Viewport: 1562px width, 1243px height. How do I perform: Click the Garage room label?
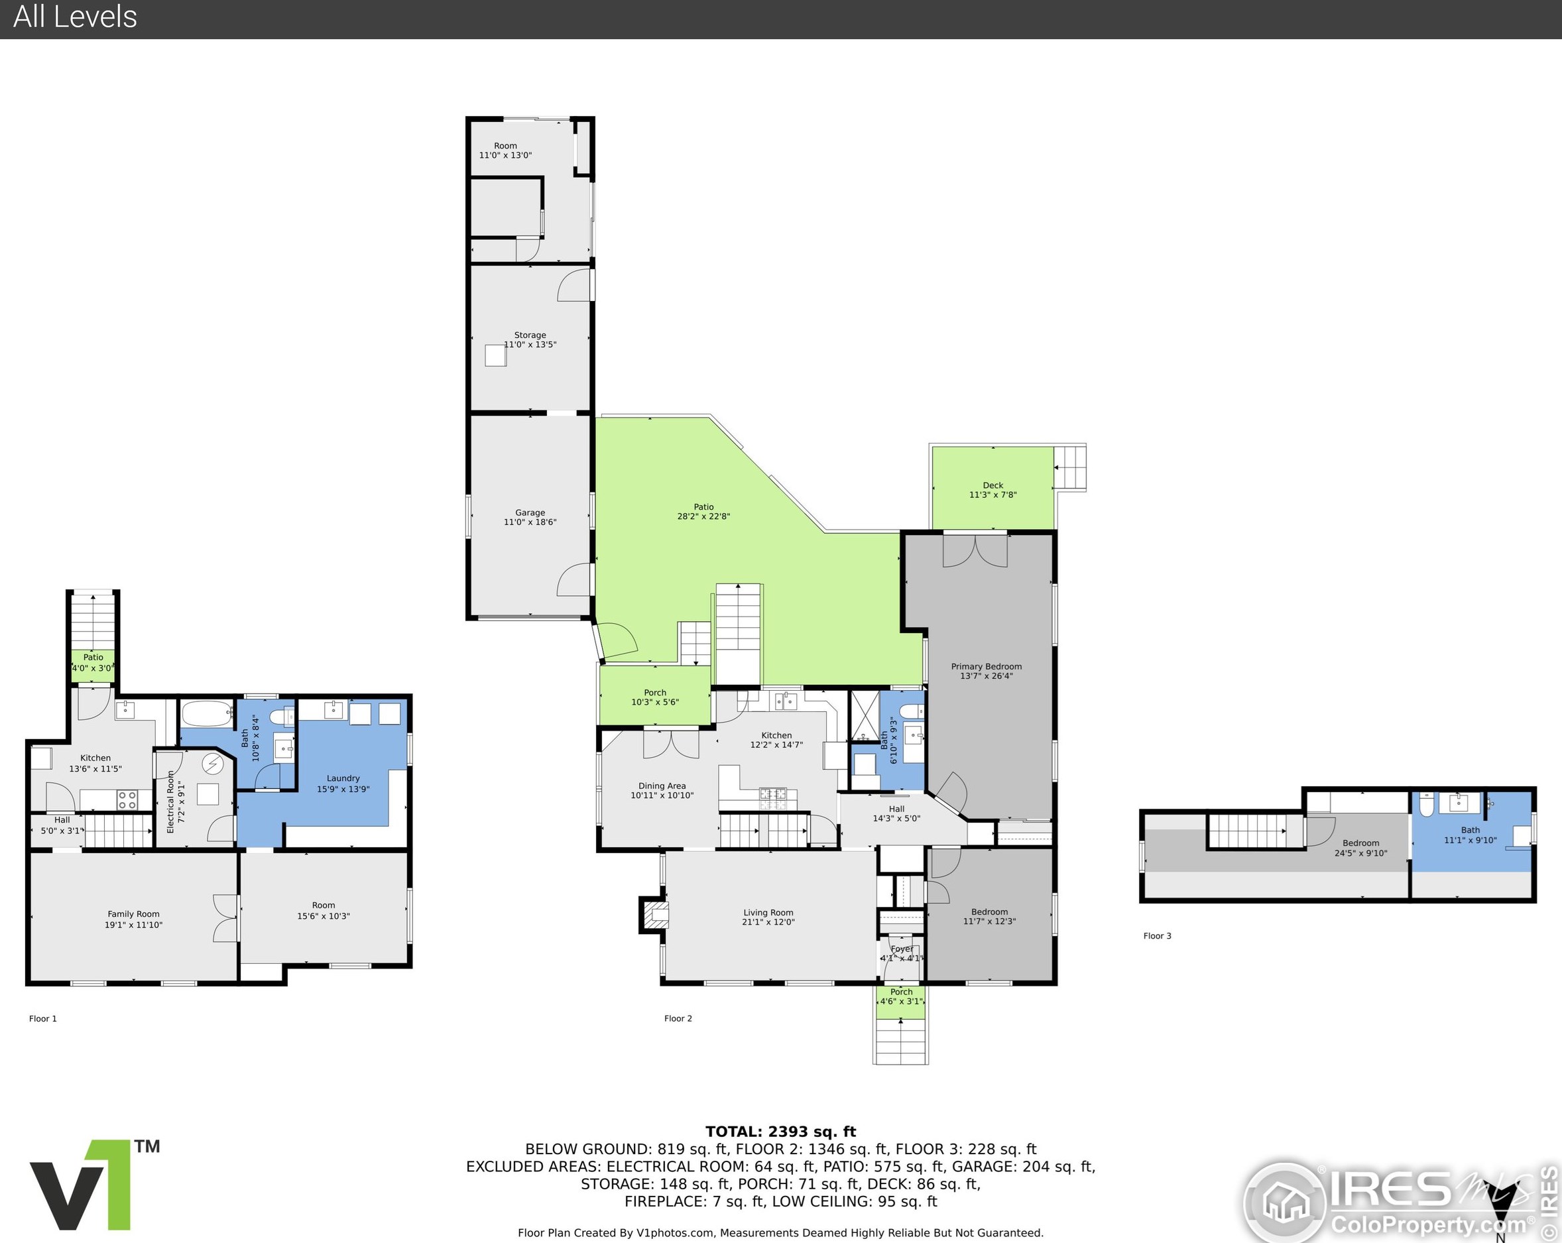point(530,512)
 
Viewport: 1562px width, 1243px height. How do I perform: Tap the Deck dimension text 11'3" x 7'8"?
point(992,495)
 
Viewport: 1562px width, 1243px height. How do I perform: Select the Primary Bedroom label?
point(986,666)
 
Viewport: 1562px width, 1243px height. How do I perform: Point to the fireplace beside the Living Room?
point(654,914)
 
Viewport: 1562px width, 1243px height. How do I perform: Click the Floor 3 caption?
point(1157,936)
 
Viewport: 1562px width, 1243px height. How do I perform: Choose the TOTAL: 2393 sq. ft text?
point(780,1132)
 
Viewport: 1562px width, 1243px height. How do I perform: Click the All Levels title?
point(76,17)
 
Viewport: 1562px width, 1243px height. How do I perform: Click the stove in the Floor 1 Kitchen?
point(127,799)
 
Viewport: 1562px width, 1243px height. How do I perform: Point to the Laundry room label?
point(343,778)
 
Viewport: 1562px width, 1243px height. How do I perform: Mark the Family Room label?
point(133,914)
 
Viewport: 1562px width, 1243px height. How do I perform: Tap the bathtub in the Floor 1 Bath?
point(208,714)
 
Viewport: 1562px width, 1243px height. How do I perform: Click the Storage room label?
point(530,335)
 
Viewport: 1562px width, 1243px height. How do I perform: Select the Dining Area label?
point(662,786)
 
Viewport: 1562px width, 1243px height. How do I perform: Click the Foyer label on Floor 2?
point(901,949)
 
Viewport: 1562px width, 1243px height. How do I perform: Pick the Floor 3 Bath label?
point(1470,830)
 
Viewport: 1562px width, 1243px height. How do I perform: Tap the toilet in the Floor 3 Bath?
point(1427,805)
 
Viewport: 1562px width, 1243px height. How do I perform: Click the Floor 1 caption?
point(42,1018)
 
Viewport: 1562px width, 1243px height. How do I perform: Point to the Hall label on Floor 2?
point(896,809)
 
